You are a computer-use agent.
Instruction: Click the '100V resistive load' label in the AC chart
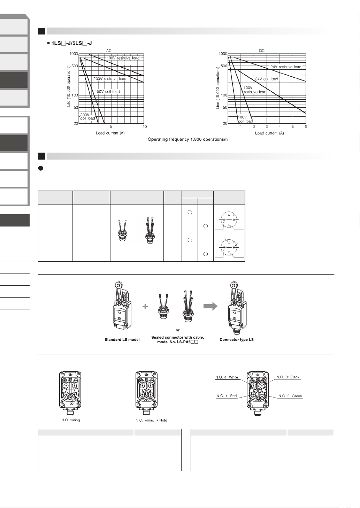(123, 58)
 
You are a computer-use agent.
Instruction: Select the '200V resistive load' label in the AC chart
(110, 79)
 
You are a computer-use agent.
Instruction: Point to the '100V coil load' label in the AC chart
(107, 92)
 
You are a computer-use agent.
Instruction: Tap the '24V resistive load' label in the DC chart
(286, 67)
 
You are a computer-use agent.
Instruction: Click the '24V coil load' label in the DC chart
(267, 79)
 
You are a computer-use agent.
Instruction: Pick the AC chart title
(109, 51)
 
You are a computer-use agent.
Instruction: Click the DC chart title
(262, 51)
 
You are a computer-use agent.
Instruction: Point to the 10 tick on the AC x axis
(145, 126)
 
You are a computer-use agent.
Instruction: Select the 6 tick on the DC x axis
(306, 126)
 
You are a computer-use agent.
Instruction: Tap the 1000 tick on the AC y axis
(74, 54)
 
